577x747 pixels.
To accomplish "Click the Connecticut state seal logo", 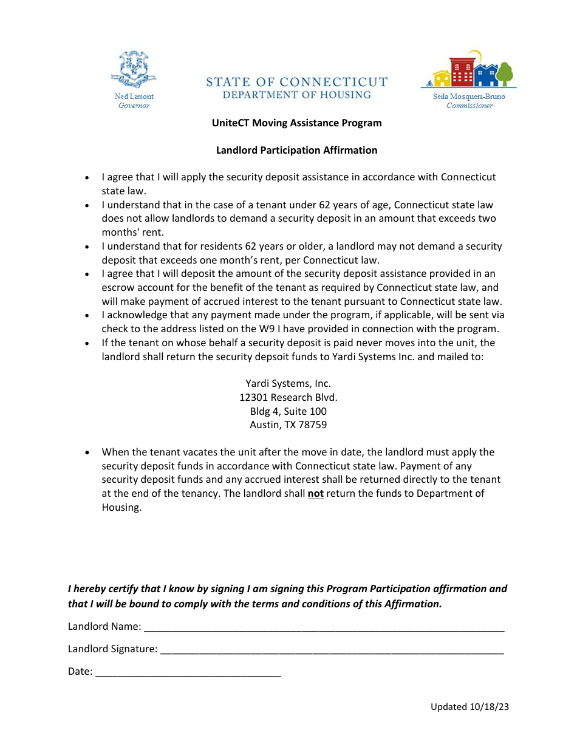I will [134, 70].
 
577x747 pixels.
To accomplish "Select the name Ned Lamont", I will [134, 97].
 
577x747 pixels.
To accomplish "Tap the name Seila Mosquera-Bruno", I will [469, 97].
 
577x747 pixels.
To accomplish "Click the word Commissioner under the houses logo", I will [469, 106].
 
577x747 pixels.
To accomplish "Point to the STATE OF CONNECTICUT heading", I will [296, 82].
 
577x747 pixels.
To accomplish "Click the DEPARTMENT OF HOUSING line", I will [296, 95].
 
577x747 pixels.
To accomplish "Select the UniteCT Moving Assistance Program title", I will [296, 123].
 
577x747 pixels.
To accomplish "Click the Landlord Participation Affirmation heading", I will [296, 150].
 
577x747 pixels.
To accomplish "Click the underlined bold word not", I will [315, 493].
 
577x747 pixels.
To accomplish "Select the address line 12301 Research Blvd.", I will [288, 397].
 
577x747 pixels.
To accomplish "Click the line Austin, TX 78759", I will [288, 425].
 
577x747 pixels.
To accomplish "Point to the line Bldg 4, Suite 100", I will [288, 411].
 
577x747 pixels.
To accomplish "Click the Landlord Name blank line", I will [324, 627].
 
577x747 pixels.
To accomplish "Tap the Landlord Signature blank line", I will [332, 649].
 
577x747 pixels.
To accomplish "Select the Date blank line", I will [188, 672].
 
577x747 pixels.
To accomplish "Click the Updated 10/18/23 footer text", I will [469, 706].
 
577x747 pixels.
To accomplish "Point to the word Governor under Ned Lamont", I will [134, 106].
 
